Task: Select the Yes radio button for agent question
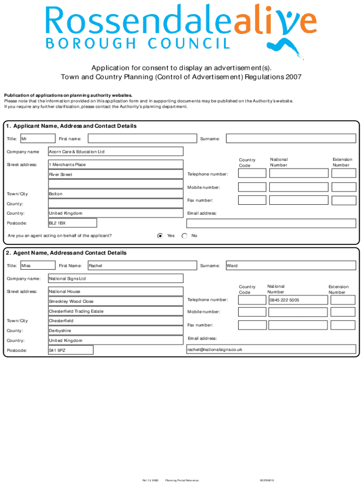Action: (x=160, y=235)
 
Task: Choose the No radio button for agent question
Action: (x=184, y=235)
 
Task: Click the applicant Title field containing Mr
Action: (x=37, y=139)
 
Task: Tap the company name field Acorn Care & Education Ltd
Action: (x=115, y=152)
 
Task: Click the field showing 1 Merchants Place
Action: (x=115, y=165)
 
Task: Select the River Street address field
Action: (x=115, y=175)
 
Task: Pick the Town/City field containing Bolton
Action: (x=115, y=194)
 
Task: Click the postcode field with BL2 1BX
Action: (x=73, y=223)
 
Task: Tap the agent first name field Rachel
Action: (x=142, y=266)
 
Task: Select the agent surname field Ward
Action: (x=290, y=266)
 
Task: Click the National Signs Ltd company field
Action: (x=115, y=279)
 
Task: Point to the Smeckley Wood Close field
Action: (x=115, y=301)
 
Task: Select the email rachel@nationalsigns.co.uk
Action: (x=271, y=350)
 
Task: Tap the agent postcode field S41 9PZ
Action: (x=71, y=350)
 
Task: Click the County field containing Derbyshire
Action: (x=115, y=331)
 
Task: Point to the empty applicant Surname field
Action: (x=290, y=139)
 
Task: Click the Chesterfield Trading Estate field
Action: (x=115, y=311)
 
